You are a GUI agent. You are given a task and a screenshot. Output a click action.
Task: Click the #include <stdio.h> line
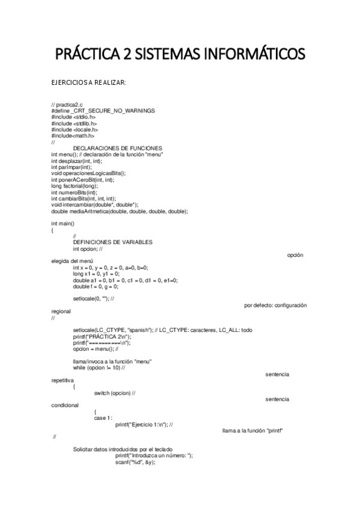[x=73, y=117]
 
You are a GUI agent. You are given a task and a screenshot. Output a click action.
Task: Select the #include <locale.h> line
[x=75, y=129]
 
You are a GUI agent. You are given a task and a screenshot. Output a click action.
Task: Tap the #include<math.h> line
[x=73, y=136]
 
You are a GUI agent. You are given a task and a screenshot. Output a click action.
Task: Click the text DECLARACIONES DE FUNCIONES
[x=117, y=149]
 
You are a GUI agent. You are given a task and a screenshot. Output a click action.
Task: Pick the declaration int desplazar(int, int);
[x=76, y=161]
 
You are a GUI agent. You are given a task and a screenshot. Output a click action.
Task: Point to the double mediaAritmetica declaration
[x=120, y=211]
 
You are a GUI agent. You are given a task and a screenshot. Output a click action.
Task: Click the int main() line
[x=63, y=223]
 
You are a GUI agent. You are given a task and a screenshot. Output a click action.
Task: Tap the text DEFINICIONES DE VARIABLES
[x=112, y=242]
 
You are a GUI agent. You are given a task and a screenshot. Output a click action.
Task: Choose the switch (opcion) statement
[x=114, y=393]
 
